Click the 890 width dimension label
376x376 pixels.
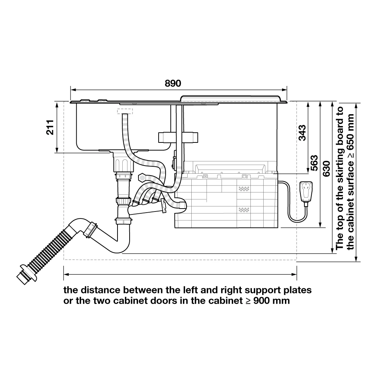point(173,83)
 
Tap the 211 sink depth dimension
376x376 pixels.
point(50,127)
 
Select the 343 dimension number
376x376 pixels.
point(302,133)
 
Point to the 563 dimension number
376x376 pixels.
point(314,163)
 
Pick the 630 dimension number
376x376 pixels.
point(326,169)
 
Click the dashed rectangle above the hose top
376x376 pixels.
point(125,111)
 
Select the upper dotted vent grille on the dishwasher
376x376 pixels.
point(244,189)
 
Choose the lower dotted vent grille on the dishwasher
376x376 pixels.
point(244,210)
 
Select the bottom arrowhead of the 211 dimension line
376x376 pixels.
point(57,150)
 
